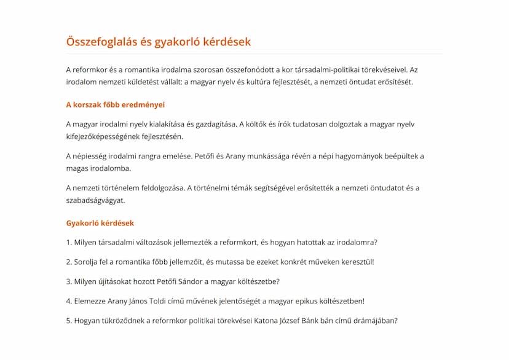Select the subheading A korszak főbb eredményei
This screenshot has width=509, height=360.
click(115, 104)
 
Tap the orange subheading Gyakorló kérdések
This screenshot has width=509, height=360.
click(100, 223)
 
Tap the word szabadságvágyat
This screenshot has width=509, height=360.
click(95, 200)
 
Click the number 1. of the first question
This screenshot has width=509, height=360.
click(69, 242)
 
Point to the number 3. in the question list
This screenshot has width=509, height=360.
click(69, 281)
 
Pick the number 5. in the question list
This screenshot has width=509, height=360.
click(69, 320)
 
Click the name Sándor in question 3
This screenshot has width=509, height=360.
click(185, 281)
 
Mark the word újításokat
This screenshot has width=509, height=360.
click(115, 281)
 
